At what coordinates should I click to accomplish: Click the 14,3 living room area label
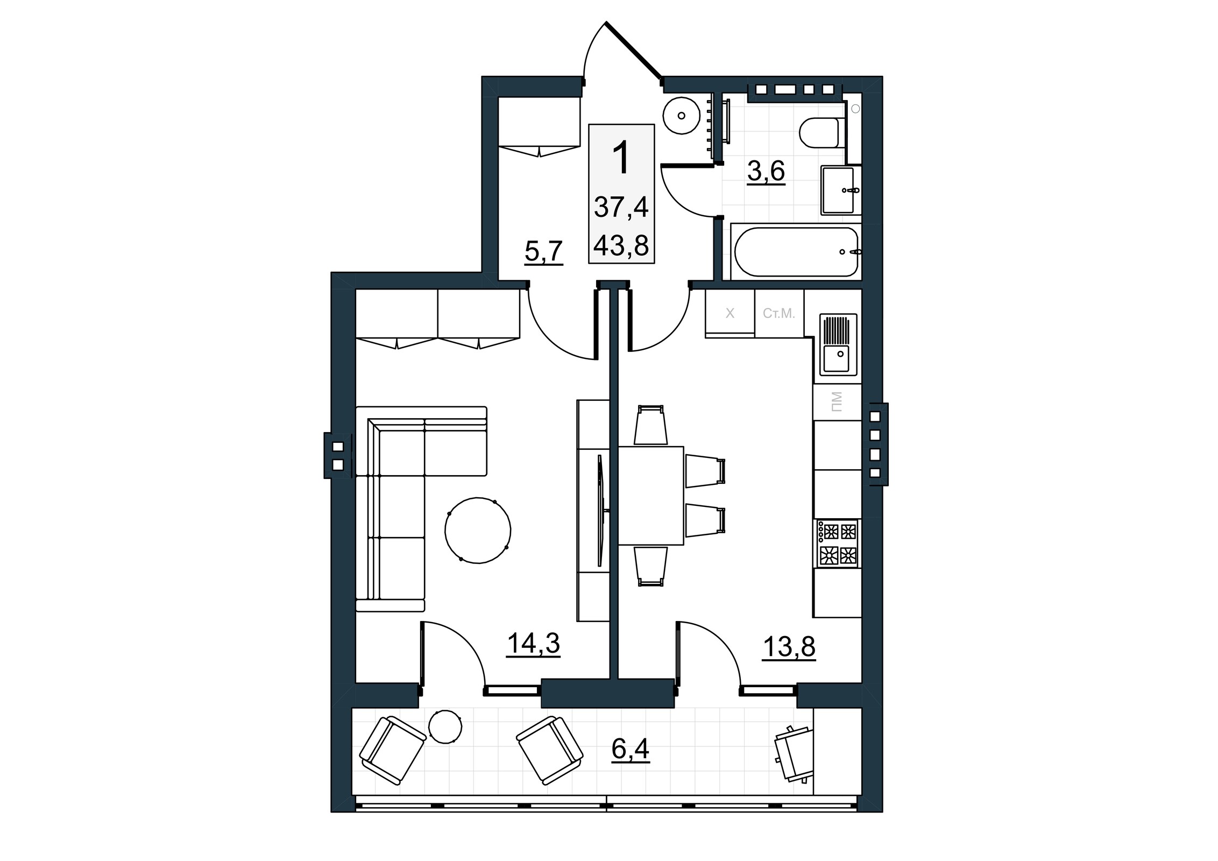coord(533,644)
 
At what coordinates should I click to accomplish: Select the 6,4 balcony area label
coord(631,749)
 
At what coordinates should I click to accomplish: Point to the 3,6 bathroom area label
coord(766,172)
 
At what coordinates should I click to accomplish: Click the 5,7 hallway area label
coord(544,251)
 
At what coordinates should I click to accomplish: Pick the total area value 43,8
coord(621,246)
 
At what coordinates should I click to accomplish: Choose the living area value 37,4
coord(621,207)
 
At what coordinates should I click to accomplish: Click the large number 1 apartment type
coord(622,157)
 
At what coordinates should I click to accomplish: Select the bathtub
coord(796,252)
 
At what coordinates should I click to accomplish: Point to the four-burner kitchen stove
coord(837,543)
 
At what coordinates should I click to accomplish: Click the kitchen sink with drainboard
coord(838,344)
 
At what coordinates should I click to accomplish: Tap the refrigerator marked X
coord(730,314)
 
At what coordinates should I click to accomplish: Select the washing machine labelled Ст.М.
coord(779,314)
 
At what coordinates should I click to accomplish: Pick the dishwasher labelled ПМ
coord(837,402)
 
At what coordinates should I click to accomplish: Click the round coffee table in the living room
coord(478,530)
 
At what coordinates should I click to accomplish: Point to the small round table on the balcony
coord(445,726)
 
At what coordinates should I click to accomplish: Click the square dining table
coord(651,496)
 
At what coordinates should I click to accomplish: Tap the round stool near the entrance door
coord(682,115)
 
